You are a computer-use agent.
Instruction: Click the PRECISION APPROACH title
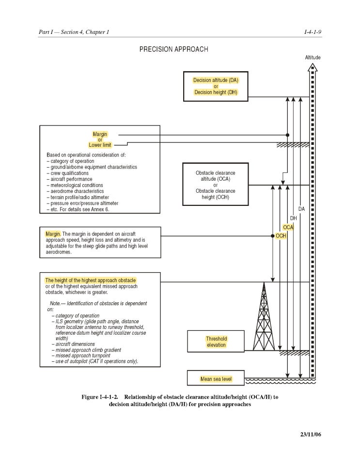coord(173,49)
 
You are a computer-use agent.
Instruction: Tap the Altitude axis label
coord(313,57)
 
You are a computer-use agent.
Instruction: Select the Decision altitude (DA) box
coord(216,86)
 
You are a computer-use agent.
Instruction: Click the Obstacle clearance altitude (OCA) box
coord(216,184)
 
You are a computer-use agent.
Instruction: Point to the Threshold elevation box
coord(216,342)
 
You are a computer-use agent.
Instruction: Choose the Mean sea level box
coord(216,378)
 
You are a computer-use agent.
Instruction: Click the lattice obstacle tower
coord(264,316)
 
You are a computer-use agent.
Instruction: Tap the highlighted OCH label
coord(281,236)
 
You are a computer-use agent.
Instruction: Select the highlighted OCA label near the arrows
coord(288,227)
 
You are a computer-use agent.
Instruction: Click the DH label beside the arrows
coord(294,218)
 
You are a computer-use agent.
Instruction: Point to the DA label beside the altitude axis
coord(302,209)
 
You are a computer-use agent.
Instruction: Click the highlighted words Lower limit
coord(100,145)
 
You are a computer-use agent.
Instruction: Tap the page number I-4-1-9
coord(313,32)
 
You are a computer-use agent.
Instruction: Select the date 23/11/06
coord(311,435)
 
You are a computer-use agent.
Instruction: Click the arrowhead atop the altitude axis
coord(313,67)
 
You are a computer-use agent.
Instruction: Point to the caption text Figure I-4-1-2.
coord(100,397)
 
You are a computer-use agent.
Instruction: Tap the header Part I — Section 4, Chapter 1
coord(74,32)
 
